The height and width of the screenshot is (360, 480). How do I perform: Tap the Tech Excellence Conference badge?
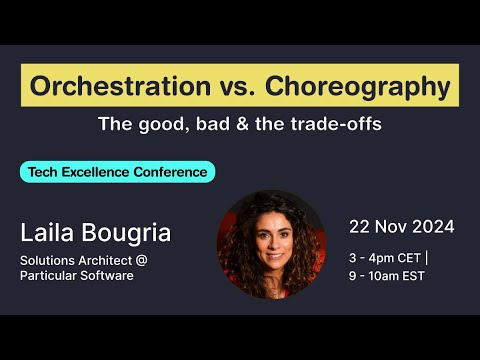point(118,172)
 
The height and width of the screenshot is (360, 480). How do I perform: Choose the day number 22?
point(359,227)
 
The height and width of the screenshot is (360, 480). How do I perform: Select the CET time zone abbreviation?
point(410,256)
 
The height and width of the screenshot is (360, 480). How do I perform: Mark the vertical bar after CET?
point(428,256)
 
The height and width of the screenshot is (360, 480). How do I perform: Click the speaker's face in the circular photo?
point(273,235)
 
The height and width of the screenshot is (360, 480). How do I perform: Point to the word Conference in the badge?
point(172,172)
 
